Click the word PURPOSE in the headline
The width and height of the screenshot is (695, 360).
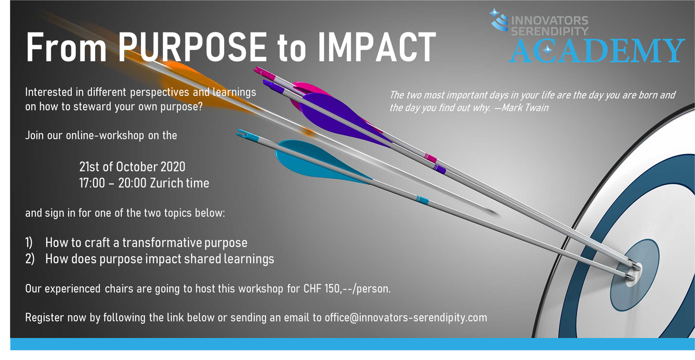pos(192,47)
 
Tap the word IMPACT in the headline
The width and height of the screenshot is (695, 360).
pos(377,47)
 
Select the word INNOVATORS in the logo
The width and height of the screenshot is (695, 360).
pos(550,20)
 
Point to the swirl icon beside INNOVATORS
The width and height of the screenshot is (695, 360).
pos(499,19)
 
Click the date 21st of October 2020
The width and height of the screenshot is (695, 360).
pos(132,167)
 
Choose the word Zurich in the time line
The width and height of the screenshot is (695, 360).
pos(166,183)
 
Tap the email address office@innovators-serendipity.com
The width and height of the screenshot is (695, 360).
pos(406,317)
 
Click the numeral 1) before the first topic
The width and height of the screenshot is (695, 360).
pos(29,243)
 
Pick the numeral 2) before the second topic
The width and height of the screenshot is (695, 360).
pos(30,259)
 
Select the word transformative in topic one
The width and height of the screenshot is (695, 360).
pos(162,243)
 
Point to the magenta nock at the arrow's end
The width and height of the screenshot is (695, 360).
pos(265,73)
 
